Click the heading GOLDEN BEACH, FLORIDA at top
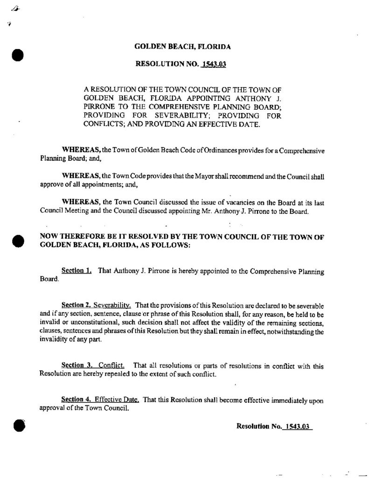pyautogui.click(x=182, y=47)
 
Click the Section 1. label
pyautogui.click(x=77, y=271)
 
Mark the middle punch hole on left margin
pyautogui.click(x=17, y=241)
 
